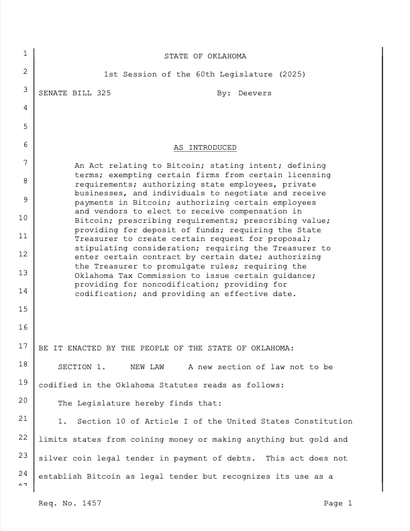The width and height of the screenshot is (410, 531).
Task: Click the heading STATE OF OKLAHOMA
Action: point(205,55)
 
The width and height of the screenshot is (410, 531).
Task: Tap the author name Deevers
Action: point(255,93)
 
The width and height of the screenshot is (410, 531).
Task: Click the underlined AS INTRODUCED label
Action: point(205,147)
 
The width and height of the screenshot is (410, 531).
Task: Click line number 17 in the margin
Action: point(23,348)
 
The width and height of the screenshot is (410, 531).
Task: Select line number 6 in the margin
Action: point(23,144)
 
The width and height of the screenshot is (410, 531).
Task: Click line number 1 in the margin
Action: point(23,54)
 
